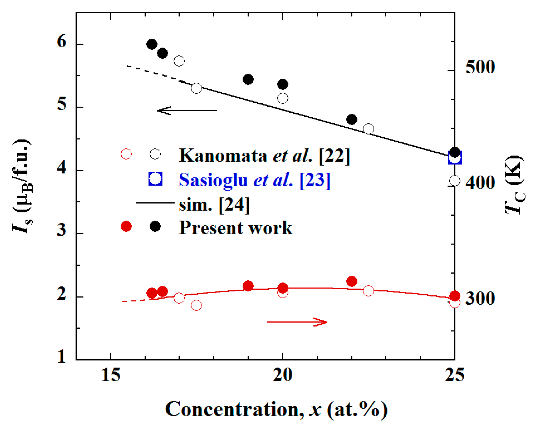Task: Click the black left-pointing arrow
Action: (187, 111)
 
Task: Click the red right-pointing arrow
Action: (297, 322)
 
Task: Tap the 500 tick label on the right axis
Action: (480, 67)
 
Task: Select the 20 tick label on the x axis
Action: (282, 375)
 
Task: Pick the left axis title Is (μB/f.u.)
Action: (22, 186)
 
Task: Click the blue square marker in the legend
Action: (155, 179)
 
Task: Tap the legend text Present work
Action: (235, 228)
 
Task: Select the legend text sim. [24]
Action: (214, 205)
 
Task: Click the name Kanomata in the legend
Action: (223, 155)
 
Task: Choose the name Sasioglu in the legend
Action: (213, 180)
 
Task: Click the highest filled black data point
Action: (152, 45)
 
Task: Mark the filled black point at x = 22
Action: (351, 119)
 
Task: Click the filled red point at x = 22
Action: (351, 281)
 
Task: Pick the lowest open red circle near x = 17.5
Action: (196, 305)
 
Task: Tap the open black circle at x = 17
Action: (179, 61)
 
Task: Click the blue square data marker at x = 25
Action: (455, 158)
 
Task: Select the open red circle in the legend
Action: (126, 154)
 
